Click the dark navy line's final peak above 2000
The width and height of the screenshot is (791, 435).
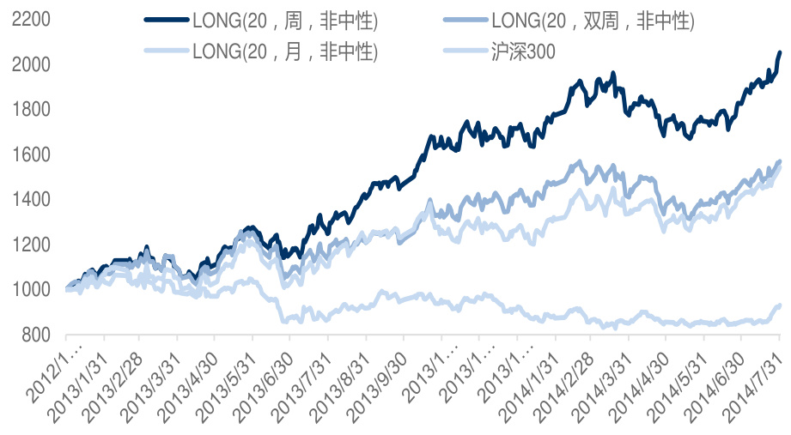pyautogui.click(x=779, y=52)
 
